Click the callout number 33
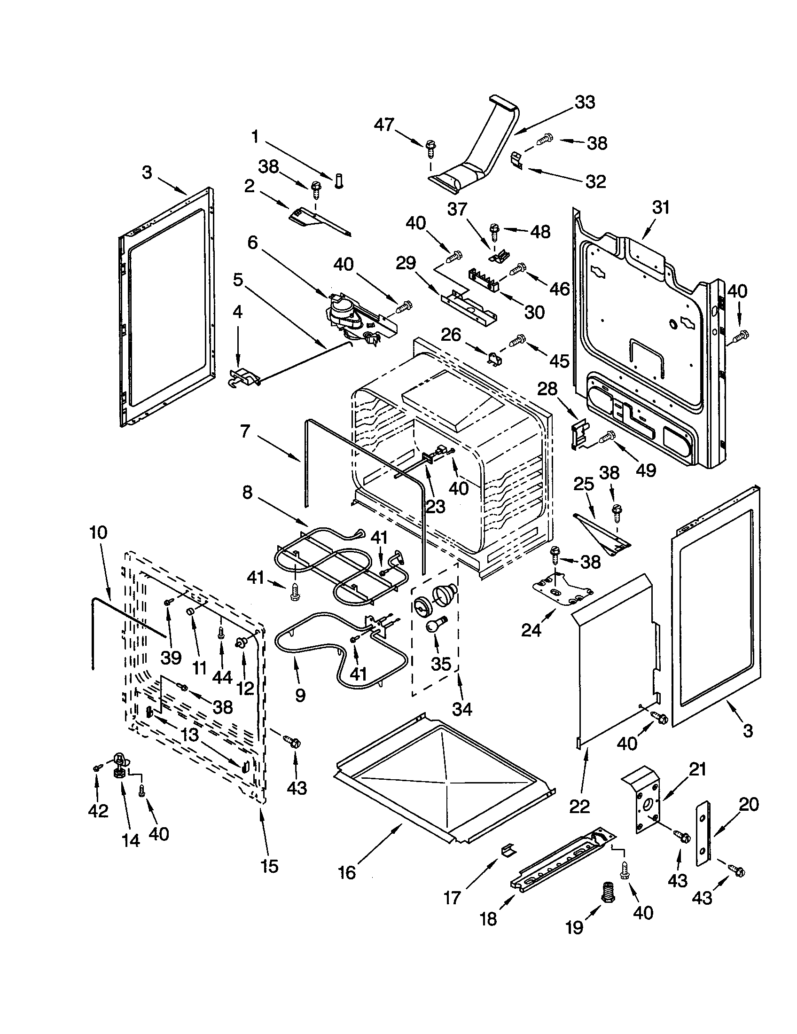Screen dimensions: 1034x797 coord(585,102)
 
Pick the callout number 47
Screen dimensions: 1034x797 coord(384,125)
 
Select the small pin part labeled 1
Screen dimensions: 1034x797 coord(338,180)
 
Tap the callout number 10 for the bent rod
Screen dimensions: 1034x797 coord(98,533)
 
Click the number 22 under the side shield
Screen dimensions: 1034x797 coord(579,806)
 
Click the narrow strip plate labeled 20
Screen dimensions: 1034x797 coord(703,833)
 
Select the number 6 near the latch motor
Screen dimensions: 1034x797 coord(253,243)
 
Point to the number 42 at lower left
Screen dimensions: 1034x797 coord(98,811)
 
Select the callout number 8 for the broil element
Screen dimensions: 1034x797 coord(248,493)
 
